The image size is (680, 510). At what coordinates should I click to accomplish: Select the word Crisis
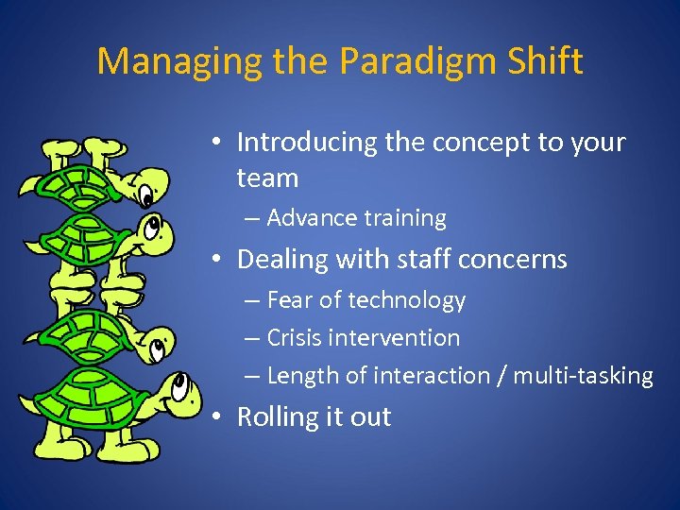click(294, 338)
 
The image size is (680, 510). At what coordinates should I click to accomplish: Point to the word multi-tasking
click(583, 376)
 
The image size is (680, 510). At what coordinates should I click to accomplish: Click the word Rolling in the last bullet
click(276, 417)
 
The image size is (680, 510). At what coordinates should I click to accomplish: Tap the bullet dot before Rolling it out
click(217, 417)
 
